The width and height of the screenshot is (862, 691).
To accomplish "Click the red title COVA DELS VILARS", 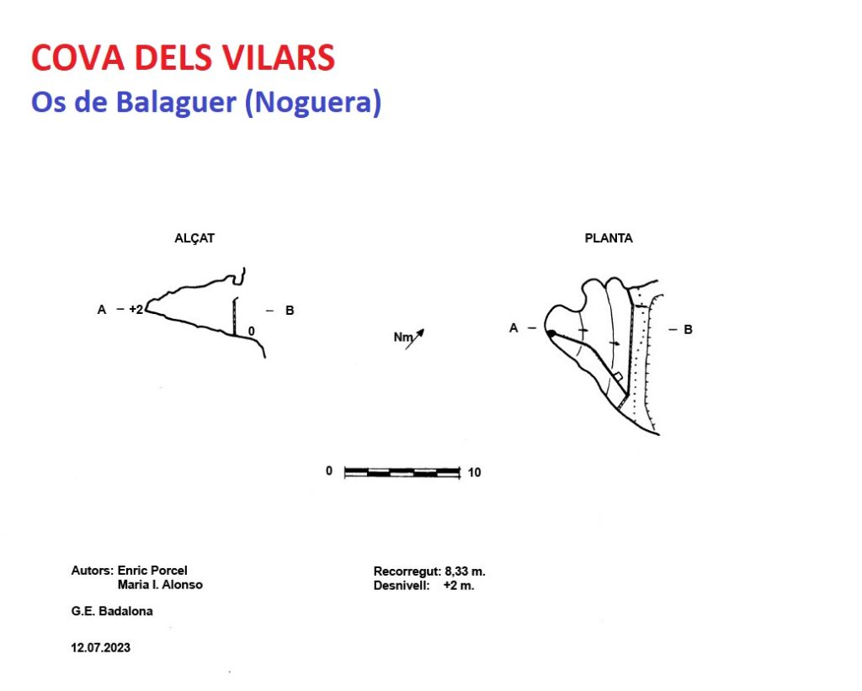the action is coord(183,57).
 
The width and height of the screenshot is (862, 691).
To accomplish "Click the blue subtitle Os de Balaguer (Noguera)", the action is coord(206,102).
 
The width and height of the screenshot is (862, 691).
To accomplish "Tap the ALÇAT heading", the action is coord(194,238).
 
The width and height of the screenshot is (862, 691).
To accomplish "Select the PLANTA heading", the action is coord(609,238).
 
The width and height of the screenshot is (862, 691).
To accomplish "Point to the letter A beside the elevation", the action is coord(102,310).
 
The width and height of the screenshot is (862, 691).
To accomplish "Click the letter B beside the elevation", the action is coord(290,311).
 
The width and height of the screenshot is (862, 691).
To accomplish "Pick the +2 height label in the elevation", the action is coord(136,310).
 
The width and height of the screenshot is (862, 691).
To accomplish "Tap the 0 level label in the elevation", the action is coord(251,331).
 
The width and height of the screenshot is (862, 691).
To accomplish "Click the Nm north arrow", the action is coord(409,338).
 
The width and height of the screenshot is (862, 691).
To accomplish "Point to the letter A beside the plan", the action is coord(513,328).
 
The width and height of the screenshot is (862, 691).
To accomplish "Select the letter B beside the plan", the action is coord(688,330).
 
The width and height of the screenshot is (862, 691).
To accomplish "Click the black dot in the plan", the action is coord(551,333).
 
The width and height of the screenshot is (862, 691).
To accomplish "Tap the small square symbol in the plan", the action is coord(618,377).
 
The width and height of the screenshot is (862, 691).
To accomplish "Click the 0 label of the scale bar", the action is coord(329,471).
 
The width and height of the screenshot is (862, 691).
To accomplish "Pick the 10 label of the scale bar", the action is coord(475,472).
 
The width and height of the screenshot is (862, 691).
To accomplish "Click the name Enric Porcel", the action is coord(152,570).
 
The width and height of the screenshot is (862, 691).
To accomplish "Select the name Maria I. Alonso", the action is coord(160,584).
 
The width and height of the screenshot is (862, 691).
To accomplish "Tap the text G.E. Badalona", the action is coord(112,611).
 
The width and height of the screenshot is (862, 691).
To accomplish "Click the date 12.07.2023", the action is coord(101,647).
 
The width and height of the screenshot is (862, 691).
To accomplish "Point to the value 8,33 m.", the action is coord(465,571).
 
